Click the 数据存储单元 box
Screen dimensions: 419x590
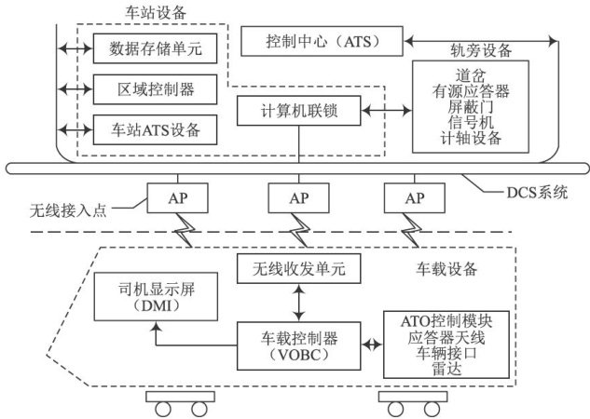pyautogui.click(x=154, y=46)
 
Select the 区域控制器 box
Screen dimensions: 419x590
pyautogui.click(x=154, y=88)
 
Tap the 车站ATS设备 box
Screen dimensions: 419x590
pyautogui.click(x=154, y=127)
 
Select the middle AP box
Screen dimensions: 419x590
pyautogui.click(x=297, y=198)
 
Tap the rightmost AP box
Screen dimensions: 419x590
pyautogui.click(x=414, y=198)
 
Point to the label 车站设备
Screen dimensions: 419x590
pyautogui.click(x=155, y=12)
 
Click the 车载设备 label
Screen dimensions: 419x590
pyautogui.click(x=445, y=270)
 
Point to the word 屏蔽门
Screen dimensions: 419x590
pyautogui.click(x=470, y=108)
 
